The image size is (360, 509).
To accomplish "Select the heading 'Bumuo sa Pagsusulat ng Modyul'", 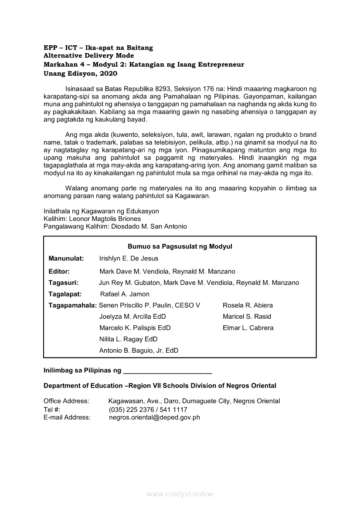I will [180, 246].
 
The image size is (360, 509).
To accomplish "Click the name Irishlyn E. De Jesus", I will [129, 259].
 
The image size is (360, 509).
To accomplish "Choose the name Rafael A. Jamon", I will [125, 294].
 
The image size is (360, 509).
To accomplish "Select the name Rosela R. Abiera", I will [248, 305].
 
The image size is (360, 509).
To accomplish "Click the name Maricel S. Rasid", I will [247, 317].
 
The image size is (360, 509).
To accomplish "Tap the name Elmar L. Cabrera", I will [248, 328].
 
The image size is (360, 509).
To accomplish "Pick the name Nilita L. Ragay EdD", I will [128, 339].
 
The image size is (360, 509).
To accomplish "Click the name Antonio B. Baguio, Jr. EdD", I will [139, 351].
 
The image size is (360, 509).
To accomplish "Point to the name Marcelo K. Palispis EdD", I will [135, 328].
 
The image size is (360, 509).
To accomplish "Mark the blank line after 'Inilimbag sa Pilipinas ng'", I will [168, 372].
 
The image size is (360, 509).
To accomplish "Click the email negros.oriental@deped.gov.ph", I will [154, 418].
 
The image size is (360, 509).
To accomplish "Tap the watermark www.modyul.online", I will [180, 494].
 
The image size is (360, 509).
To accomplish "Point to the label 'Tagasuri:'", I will [63, 283].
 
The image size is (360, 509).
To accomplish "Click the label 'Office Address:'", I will [66, 401].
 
